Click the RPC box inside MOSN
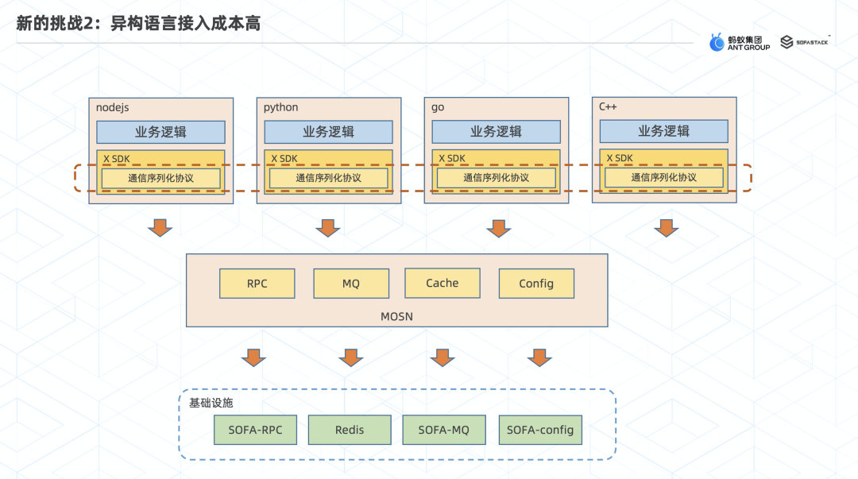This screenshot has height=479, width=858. [x=257, y=284]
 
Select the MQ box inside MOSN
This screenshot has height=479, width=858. [x=351, y=284]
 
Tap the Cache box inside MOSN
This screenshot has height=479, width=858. [x=443, y=283]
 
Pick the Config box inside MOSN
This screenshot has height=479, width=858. [x=536, y=284]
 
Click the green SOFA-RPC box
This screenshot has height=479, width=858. [x=255, y=430]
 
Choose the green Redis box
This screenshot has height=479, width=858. [x=350, y=430]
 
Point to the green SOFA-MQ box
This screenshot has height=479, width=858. [x=443, y=430]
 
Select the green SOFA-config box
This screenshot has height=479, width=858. [x=540, y=430]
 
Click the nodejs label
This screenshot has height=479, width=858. [x=112, y=107]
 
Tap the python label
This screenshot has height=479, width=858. [x=281, y=107]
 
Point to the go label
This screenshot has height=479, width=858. [x=438, y=107]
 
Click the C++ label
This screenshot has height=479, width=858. [x=609, y=106]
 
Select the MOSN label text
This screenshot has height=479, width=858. [x=396, y=317]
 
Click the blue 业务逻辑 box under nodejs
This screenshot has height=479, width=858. [x=161, y=132]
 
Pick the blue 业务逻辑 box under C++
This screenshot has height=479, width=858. [x=664, y=131]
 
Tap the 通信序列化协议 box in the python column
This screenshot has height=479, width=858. [x=329, y=178]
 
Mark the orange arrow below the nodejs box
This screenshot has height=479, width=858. [x=160, y=228]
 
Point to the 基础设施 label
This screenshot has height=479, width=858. [x=211, y=403]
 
